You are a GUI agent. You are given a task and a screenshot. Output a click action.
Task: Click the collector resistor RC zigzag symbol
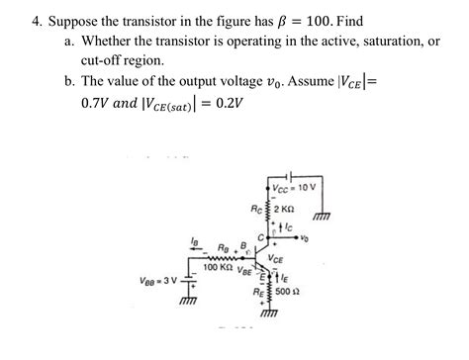(269, 209)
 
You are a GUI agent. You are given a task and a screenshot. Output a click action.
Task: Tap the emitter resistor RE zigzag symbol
(269, 294)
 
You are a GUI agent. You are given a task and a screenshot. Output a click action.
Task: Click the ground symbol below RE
(269, 316)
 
